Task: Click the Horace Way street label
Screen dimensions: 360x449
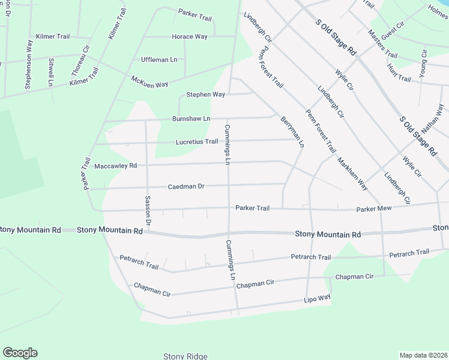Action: coord(190,37)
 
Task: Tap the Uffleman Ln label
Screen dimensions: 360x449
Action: coord(159,59)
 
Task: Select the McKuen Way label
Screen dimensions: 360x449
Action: coord(149,81)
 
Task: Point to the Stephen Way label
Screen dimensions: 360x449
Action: coord(205,95)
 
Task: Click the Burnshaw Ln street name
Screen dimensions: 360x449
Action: coord(191,119)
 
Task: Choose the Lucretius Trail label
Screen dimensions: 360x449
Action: coord(196,142)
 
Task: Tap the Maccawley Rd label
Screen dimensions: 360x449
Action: coord(116,165)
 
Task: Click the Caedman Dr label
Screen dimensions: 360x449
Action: coord(186,187)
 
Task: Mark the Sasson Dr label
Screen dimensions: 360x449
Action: coord(148,211)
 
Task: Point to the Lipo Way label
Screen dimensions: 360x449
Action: coord(317,298)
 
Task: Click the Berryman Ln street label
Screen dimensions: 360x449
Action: coord(292,133)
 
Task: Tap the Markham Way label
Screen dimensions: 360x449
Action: coord(352,175)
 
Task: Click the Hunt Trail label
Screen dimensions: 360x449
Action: coord(399,74)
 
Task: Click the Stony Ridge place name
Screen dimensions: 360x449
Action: coord(185,356)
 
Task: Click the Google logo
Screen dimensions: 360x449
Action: coord(20,353)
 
